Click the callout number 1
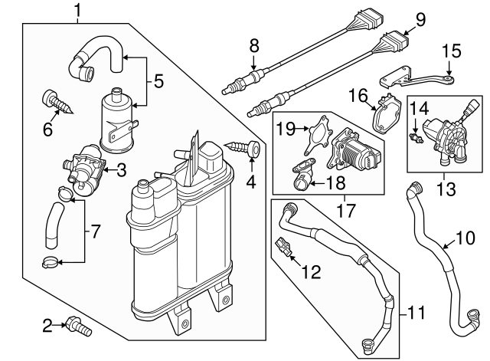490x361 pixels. click(x=78, y=10)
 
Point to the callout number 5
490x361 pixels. click(x=158, y=80)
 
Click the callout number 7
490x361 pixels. click(x=94, y=230)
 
